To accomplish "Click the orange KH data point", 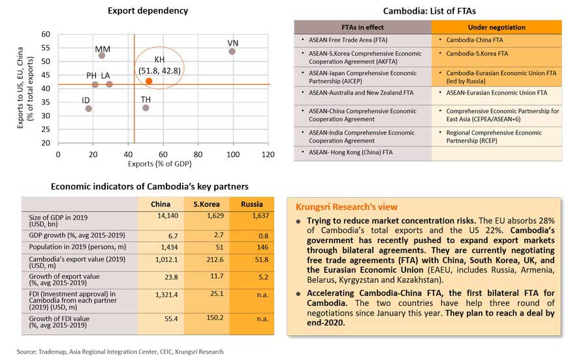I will click(149, 81).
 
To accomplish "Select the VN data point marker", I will click(232, 51).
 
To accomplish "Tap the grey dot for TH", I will click(146, 108).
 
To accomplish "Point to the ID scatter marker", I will click(89, 108).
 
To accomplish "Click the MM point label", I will click(103, 49).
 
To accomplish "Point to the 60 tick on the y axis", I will click(46, 34).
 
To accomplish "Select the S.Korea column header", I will click(205, 204).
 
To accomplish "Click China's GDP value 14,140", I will click(160, 216).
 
